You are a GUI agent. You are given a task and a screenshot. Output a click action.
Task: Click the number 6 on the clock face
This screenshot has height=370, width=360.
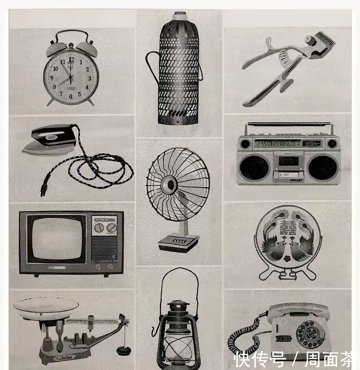click(x=71, y=97)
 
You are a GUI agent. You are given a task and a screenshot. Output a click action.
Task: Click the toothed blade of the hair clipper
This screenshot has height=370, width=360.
click(x=323, y=41)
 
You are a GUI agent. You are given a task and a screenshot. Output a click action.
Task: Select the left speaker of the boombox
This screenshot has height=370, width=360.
click(x=254, y=167)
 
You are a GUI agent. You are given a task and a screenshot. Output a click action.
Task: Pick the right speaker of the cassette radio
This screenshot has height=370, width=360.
click(x=323, y=167)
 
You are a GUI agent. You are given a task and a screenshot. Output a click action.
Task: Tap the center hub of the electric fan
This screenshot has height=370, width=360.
click(x=171, y=185)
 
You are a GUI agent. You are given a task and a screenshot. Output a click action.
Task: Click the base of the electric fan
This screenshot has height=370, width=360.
click(x=178, y=243)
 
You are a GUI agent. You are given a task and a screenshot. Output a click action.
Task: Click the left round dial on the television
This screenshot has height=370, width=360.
click(x=99, y=228)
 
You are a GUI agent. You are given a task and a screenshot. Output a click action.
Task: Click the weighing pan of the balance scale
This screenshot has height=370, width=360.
click(x=46, y=306)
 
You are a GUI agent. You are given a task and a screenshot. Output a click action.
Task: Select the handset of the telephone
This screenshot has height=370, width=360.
click(x=298, y=311)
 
